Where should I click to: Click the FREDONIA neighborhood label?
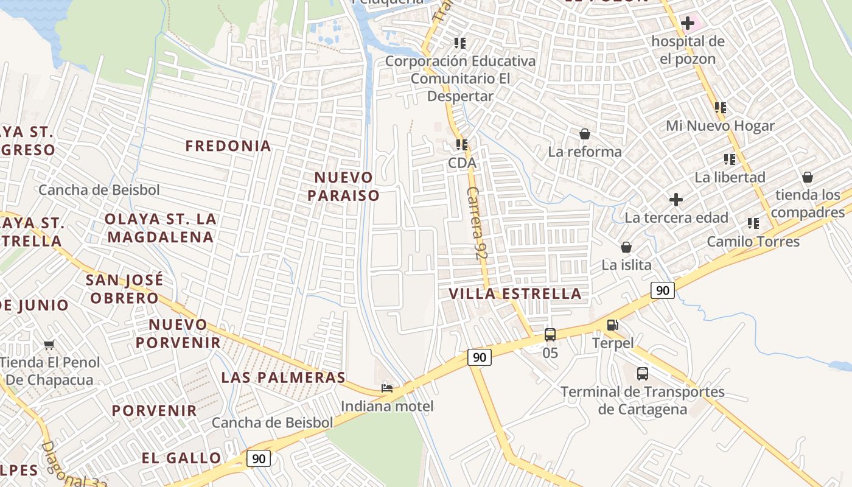[228, 146]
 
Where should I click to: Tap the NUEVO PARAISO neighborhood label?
[343, 186]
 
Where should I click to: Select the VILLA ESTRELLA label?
[515, 293]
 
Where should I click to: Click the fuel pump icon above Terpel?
[613, 325]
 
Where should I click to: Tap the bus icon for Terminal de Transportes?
[642, 374]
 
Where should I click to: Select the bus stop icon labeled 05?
[550, 334]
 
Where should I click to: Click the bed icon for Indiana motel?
[386, 388]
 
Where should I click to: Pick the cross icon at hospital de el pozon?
[688, 24]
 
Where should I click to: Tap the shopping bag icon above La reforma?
[585, 134]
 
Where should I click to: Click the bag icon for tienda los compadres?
[808, 177]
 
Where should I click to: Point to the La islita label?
[626, 265]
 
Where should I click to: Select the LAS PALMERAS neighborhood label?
[283, 377]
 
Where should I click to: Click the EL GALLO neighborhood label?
[181, 458]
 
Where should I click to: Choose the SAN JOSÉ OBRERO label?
[124, 289]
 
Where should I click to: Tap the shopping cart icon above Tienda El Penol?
[49, 345]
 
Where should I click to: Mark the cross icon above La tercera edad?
[676, 200]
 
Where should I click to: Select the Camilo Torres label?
[753, 242]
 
